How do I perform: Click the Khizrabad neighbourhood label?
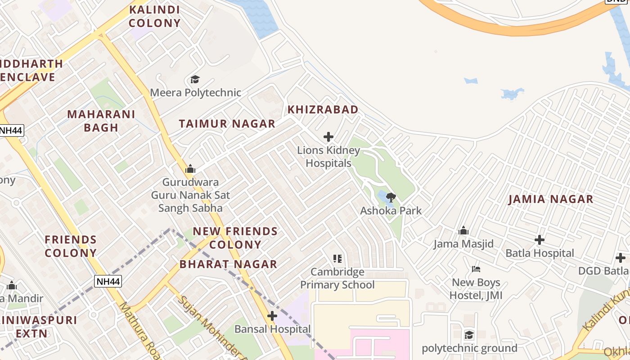323,109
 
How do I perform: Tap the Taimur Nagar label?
227,124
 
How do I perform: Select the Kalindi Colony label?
154,16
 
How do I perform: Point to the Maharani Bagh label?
101,121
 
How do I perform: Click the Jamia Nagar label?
550,199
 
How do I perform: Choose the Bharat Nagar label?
228,264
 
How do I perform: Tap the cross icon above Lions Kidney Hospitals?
328,137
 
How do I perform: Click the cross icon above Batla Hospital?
540,240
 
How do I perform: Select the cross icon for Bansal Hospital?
272,316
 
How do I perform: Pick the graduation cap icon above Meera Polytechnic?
195,80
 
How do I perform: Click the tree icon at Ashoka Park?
391,197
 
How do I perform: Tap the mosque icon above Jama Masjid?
463,231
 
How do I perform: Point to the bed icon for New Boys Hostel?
476,269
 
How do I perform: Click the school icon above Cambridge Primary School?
337,258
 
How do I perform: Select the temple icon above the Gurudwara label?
190,169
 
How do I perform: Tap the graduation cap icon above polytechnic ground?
469,335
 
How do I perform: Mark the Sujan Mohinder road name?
211,328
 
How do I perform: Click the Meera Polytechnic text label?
195,93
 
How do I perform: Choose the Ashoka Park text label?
391,210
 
